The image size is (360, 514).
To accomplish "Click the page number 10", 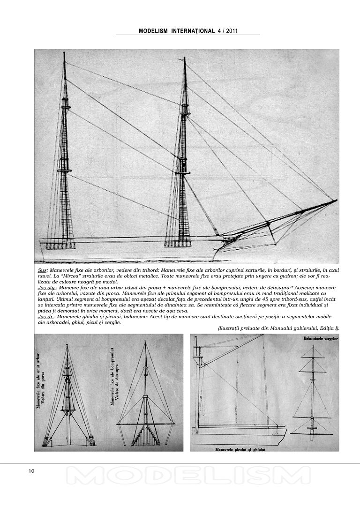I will (31, 471).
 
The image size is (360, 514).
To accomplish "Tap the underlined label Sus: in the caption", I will (43, 271).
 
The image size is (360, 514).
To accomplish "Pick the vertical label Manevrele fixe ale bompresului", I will (112, 375).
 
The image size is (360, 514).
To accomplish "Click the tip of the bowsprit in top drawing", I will (336, 201).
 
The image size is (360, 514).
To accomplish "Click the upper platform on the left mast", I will (65, 108).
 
